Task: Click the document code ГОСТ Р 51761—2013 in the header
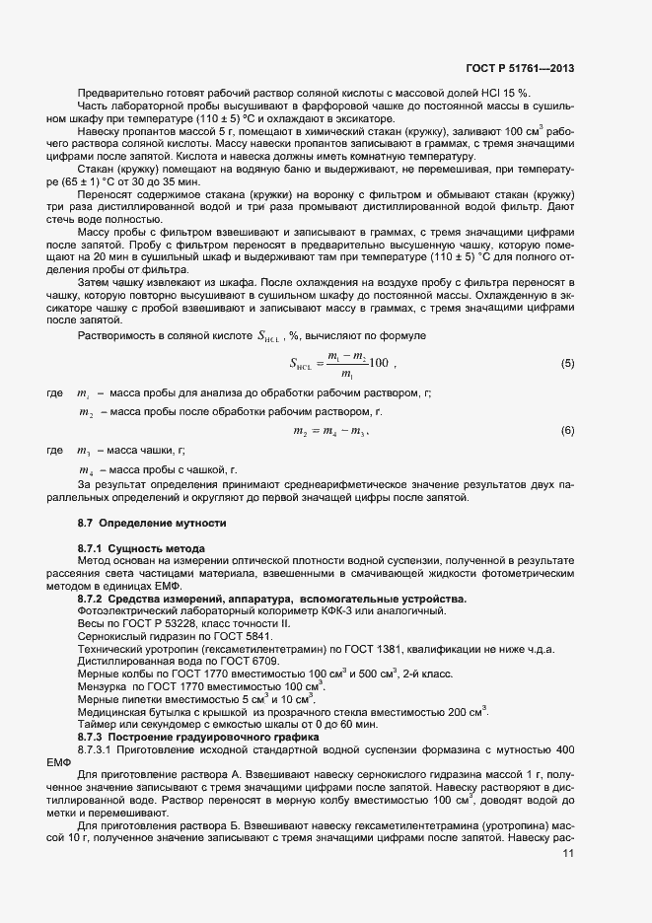pos(519,68)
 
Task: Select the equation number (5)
pos(567,364)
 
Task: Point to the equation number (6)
pos(567,431)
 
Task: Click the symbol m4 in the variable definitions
pos(86,470)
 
